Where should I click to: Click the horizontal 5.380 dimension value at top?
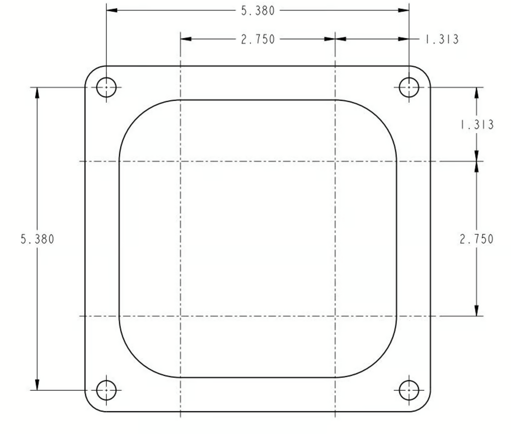[x=258, y=11]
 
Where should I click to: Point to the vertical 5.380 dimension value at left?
[x=37, y=239]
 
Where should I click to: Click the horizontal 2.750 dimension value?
[x=258, y=39]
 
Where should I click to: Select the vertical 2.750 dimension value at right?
[x=476, y=239]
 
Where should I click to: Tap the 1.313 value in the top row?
[x=442, y=39]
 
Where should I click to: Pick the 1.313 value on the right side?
[x=477, y=125]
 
